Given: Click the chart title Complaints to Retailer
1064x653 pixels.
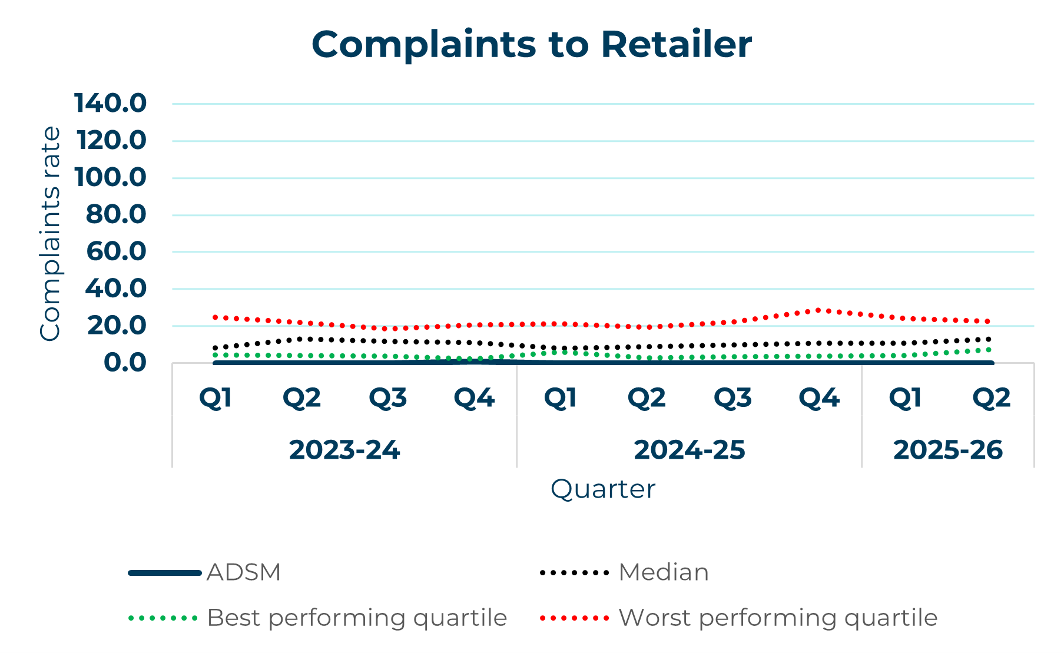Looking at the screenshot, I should [x=531, y=45].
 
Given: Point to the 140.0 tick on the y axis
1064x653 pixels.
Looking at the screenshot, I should [x=110, y=104].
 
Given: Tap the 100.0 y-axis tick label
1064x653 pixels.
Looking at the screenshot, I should [x=110, y=177].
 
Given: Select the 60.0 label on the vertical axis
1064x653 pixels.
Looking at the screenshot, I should [x=116, y=251].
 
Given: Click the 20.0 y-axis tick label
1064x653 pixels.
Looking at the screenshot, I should [x=116, y=325].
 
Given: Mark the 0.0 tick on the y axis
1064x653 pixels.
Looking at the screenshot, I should [x=125, y=363].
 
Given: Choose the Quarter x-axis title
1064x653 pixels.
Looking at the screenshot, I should [x=602, y=489].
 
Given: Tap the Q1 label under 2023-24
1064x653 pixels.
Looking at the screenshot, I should [x=216, y=399].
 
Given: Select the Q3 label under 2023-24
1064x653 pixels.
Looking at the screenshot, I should [x=388, y=399].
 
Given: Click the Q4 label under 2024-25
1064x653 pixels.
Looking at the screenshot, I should [x=818, y=399].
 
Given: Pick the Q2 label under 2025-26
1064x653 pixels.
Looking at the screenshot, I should [x=991, y=399].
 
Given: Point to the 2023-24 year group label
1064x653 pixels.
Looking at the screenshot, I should [x=344, y=450].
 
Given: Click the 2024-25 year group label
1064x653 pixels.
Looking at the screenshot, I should [x=689, y=450].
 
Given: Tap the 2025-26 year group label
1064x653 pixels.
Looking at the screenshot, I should [x=947, y=450].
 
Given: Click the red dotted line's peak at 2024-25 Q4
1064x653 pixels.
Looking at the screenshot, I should [x=818, y=310].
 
